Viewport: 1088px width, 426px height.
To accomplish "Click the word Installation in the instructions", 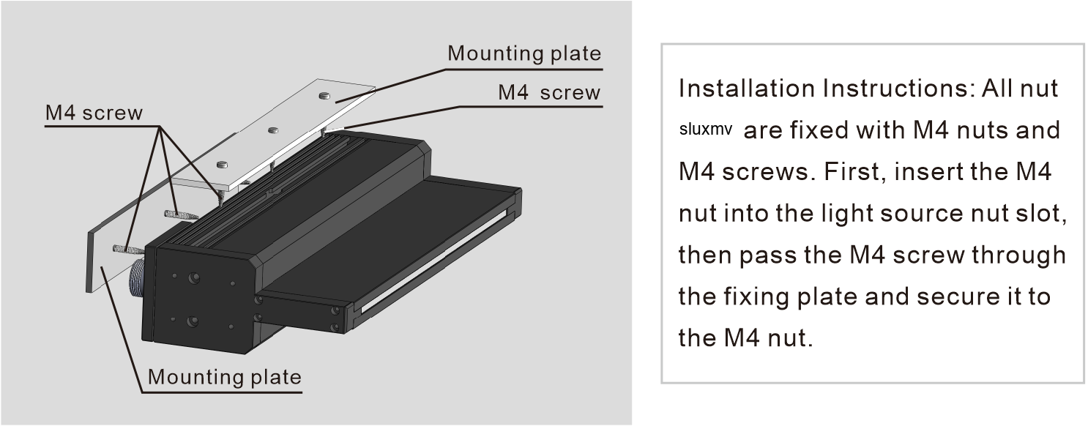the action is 747,89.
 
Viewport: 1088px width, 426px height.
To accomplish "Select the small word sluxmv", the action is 705,130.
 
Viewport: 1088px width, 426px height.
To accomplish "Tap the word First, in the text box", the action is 855,172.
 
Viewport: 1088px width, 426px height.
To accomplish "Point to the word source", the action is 922,214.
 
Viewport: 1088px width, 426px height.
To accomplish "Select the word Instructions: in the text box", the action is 899,89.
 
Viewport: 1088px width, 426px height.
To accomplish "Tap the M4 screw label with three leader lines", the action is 94,113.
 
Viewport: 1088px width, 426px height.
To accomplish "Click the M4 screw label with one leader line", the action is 549,93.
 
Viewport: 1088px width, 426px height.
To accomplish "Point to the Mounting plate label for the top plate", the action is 524,54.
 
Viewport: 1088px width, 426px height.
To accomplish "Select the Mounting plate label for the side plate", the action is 224,378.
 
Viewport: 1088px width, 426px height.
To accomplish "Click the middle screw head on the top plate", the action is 273,130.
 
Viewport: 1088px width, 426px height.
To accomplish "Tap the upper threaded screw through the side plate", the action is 181,214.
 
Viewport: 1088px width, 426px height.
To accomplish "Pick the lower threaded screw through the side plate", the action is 128,250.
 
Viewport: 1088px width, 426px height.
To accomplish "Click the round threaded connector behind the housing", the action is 138,281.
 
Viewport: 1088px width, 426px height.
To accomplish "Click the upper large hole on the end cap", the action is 194,278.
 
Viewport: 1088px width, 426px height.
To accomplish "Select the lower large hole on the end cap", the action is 193,321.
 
